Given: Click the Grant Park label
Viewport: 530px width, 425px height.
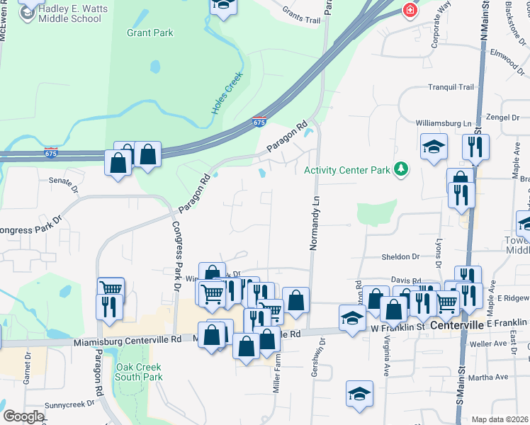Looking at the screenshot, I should click(150, 33).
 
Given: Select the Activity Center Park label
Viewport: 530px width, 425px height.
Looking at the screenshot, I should click(347, 170).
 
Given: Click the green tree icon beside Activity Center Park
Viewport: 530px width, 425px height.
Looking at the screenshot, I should click(402, 169).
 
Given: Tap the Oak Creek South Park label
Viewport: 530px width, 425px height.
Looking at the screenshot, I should click(140, 372).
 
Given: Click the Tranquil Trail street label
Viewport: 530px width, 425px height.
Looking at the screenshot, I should click(450, 87).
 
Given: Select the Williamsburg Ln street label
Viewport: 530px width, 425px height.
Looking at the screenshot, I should click(444, 123).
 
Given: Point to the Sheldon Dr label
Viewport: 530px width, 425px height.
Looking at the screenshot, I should click(401, 257).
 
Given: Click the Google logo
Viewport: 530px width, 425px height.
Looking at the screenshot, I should click(23, 416).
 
